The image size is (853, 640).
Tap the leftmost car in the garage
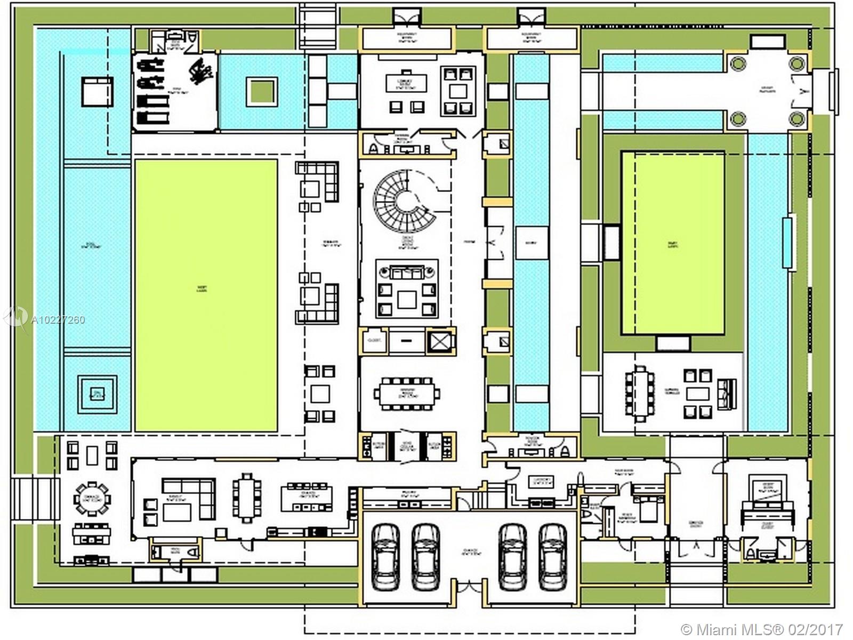pyautogui.click(x=385, y=556)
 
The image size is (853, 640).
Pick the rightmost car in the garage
pyautogui.click(x=553, y=556)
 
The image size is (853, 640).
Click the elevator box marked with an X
pyautogui.click(x=440, y=341)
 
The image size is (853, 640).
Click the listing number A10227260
pyautogui.click(x=58, y=320)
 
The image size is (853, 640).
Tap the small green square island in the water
pyautogui.click(x=262, y=92)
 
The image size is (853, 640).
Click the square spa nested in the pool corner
pyautogui.click(x=97, y=394)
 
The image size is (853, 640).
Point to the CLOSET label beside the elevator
pyautogui.click(x=374, y=340)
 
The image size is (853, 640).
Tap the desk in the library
pyautogui.click(x=406, y=83)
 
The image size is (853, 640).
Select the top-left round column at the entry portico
pyautogui.click(x=738, y=64)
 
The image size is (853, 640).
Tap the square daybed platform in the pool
pyautogui.click(x=97, y=92)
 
